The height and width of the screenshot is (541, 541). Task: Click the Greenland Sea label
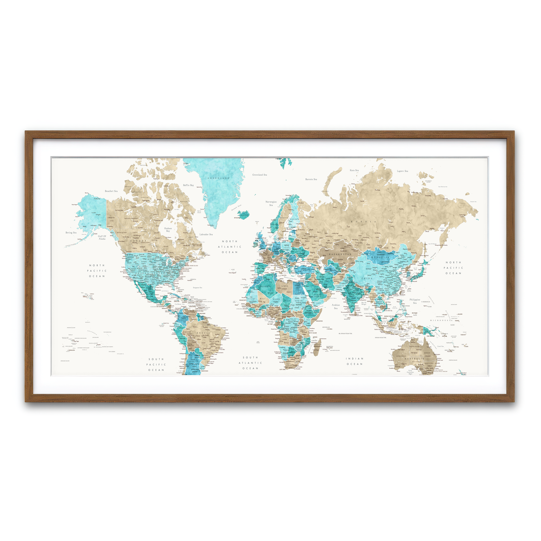(x=260, y=174)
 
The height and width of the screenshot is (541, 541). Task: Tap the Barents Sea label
(x=311, y=179)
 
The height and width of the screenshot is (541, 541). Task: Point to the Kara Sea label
(x=354, y=170)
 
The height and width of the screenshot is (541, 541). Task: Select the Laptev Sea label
(x=402, y=171)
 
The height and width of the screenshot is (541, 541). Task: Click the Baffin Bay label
(x=188, y=185)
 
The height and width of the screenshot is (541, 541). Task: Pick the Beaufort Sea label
(x=111, y=191)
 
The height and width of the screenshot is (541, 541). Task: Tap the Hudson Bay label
(x=168, y=229)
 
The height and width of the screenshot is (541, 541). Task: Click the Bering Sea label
(x=71, y=233)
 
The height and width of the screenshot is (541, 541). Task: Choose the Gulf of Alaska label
(x=102, y=237)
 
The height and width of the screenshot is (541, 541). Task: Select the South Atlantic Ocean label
(x=250, y=363)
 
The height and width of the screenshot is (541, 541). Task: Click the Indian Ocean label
(x=354, y=361)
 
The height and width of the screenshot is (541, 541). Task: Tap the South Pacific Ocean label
(x=156, y=365)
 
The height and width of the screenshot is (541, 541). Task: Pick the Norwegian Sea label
(x=271, y=203)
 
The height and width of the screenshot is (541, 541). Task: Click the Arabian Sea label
(x=335, y=306)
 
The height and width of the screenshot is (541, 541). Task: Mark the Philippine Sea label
(x=415, y=301)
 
